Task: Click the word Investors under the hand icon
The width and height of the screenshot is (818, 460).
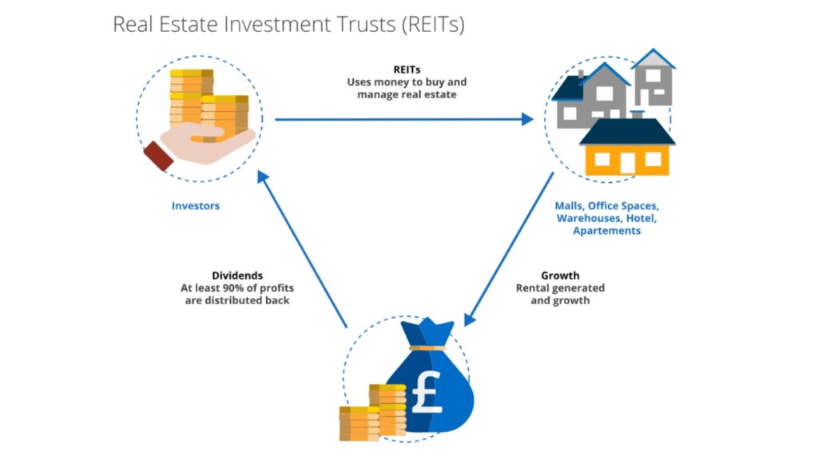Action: click(x=195, y=206)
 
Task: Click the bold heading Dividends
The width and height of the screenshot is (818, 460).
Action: click(x=235, y=275)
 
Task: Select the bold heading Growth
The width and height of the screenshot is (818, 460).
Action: click(x=559, y=276)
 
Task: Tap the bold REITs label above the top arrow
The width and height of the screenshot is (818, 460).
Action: click(x=407, y=69)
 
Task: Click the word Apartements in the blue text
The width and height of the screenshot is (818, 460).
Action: click(x=606, y=231)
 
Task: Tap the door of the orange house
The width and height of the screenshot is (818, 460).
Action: click(x=628, y=163)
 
